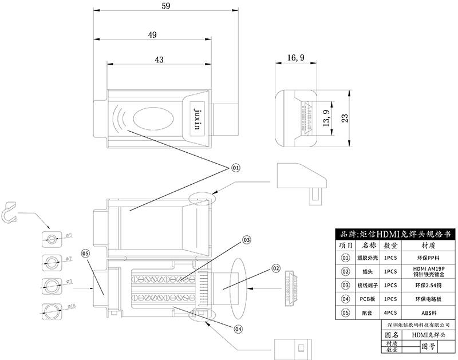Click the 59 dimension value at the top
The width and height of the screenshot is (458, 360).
(165, 5)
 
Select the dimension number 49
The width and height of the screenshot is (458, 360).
(152, 35)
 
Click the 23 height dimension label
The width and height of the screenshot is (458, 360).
(345, 118)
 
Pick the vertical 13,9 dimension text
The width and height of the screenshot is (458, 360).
(325, 118)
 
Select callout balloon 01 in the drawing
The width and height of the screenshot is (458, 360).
(235, 168)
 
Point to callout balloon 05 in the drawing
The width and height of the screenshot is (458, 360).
(85, 253)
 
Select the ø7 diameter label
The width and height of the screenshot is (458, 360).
(68, 259)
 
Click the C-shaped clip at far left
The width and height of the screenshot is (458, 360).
(10, 211)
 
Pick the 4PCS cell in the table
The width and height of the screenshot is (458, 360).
(390, 312)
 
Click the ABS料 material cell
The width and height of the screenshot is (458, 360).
(427, 312)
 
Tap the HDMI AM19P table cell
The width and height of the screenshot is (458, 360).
(427, 271)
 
